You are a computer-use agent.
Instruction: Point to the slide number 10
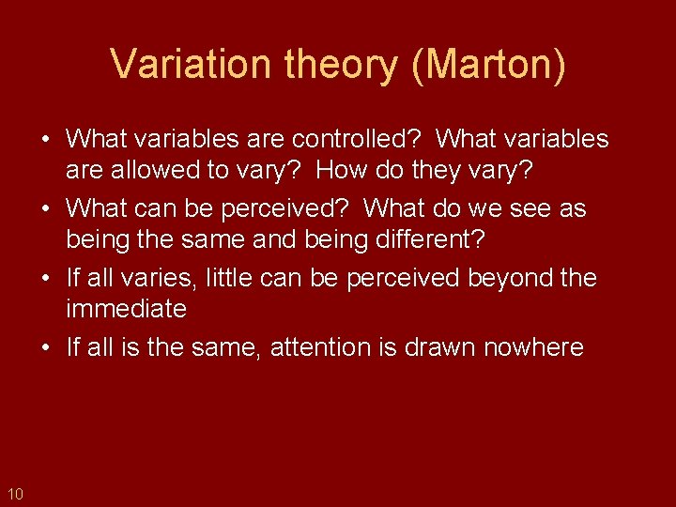[x=14, y=493]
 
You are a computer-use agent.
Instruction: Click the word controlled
[x=352, y=140]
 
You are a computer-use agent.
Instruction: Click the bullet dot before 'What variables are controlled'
[x=45, y=140]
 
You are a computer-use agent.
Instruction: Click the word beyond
[x=501, y=278]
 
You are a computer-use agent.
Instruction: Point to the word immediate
[x=126, y=309]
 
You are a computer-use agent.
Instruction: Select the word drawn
[x=439, y=347]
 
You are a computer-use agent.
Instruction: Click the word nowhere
[x=533, y=347]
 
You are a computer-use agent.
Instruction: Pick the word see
[x=529, y=207]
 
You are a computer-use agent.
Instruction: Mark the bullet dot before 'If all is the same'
[x=45, y=347]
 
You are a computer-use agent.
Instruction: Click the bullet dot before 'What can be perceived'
[x=45, y=207]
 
